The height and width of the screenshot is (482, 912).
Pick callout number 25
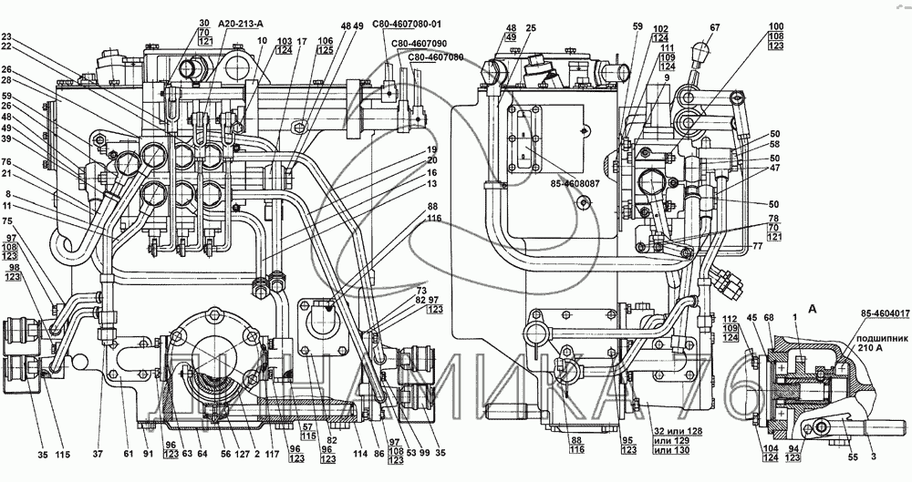pos(532,29)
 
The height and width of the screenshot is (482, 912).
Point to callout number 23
pos(7,37)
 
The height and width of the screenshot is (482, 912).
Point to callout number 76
pos(7,162)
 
